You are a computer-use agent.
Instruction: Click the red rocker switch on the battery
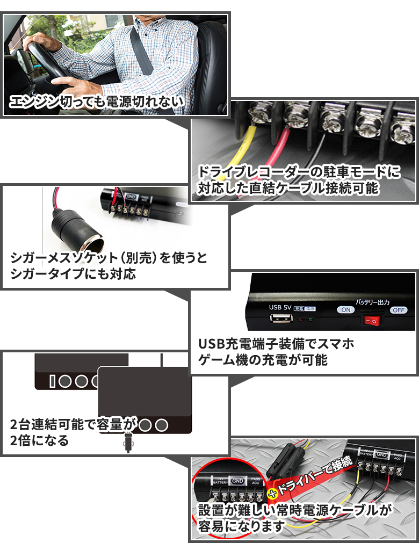[x=371, y=321]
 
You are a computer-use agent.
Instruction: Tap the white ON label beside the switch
[x=346, y=310]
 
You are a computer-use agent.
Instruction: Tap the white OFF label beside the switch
[x=398, y=310]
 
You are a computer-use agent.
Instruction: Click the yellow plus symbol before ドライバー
[x=273, y=493]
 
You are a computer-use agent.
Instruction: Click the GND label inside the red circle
[x=237, y=481]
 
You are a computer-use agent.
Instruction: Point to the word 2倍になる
[x=40, y=441]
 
